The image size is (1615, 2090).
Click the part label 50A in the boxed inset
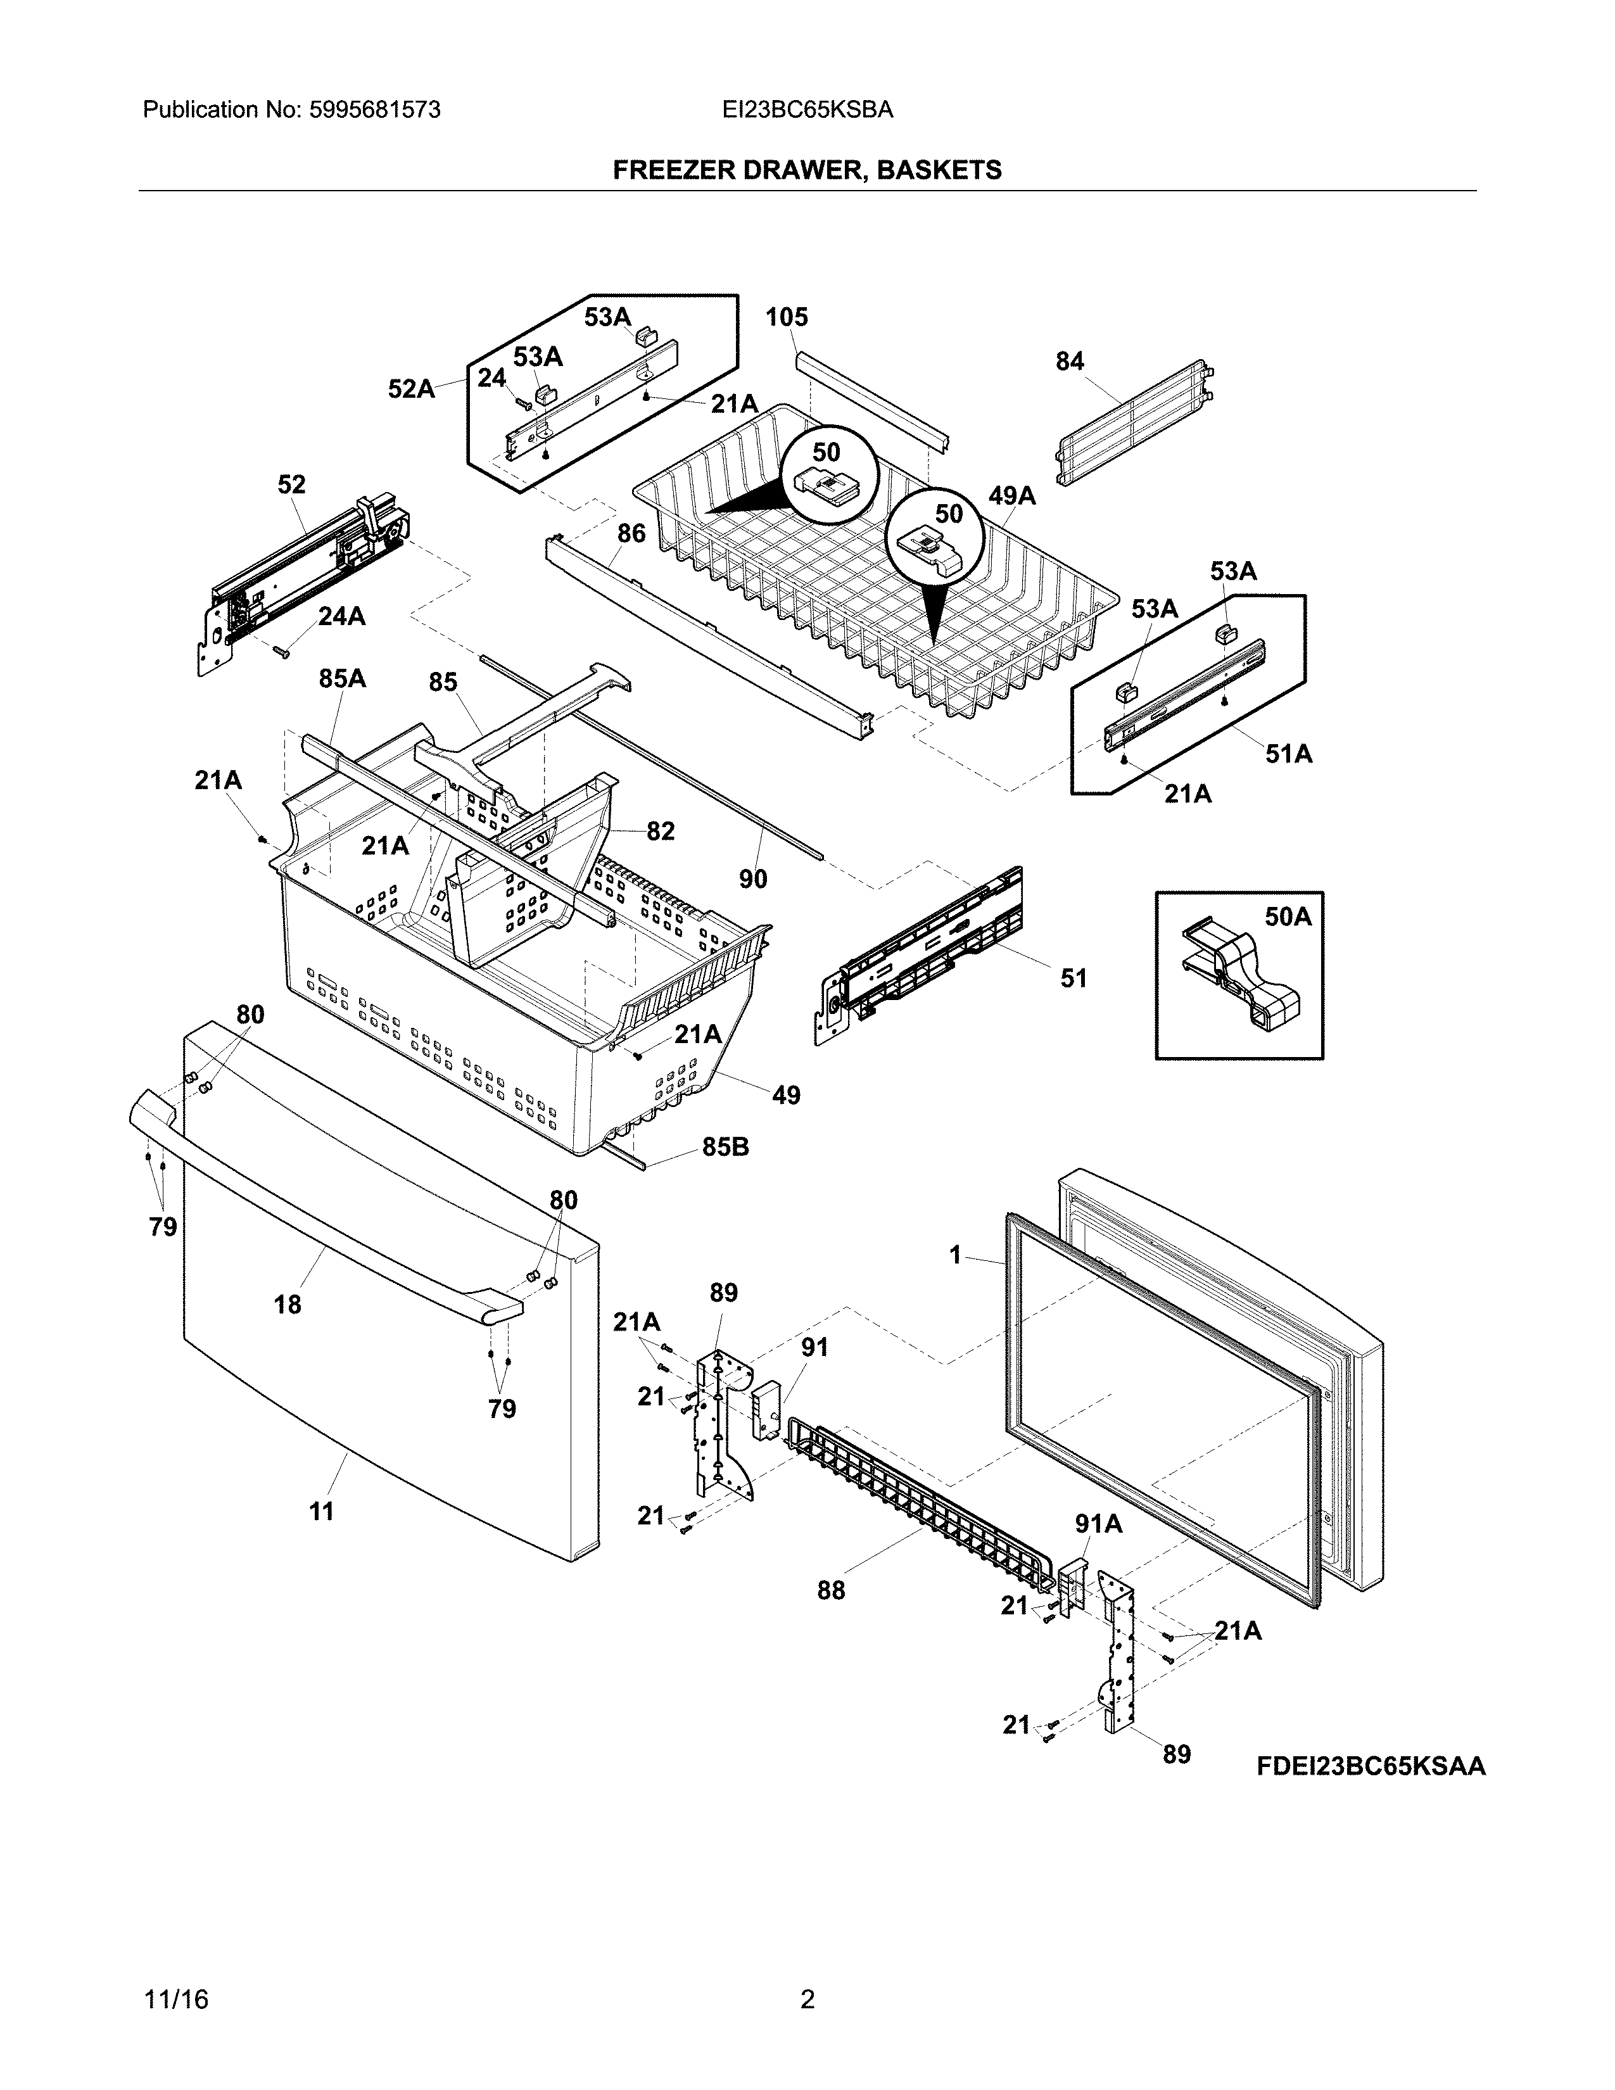pos(1287,917)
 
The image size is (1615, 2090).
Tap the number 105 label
pos(787,317)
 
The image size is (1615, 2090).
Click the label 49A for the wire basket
pos(1012,496)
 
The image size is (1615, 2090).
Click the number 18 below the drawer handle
pos(287,1303)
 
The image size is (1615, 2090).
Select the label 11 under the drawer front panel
pos(322,1511)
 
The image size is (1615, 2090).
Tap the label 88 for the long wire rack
pos(830,1590)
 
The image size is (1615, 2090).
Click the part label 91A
pos(1098,1523)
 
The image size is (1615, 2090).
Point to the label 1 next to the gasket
pos(955,1255)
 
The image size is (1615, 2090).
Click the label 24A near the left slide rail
pos(341,616)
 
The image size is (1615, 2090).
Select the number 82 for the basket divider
pos(660,831)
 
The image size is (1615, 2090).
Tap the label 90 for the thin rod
pos(753,878)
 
